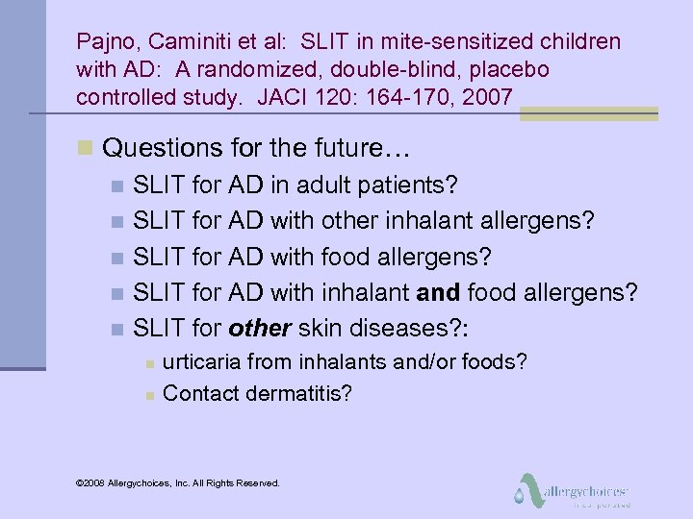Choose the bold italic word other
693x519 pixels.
click(260, 329)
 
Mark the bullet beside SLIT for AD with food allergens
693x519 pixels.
click(116, 258)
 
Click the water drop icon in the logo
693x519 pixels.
click(520, 497)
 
